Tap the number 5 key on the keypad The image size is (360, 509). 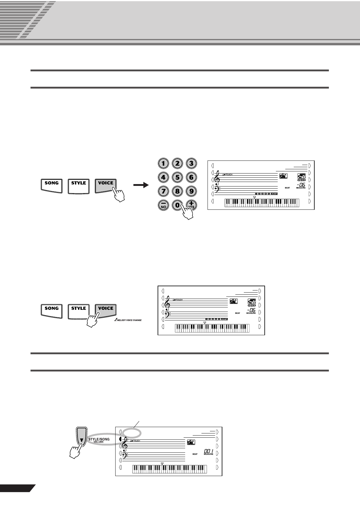(177, 177)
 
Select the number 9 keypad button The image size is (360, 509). (191, 191)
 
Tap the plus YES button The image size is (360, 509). (191, 205)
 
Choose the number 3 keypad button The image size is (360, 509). (191, 164)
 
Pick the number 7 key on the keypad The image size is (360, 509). (163, 191)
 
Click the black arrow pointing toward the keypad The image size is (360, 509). (141, 185)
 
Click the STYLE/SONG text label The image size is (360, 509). (99, 439)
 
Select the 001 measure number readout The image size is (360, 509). (208, 451)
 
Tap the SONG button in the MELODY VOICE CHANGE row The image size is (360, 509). (51, 310)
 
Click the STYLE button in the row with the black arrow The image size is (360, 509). (79, 185)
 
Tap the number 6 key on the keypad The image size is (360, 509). (191, 177)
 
